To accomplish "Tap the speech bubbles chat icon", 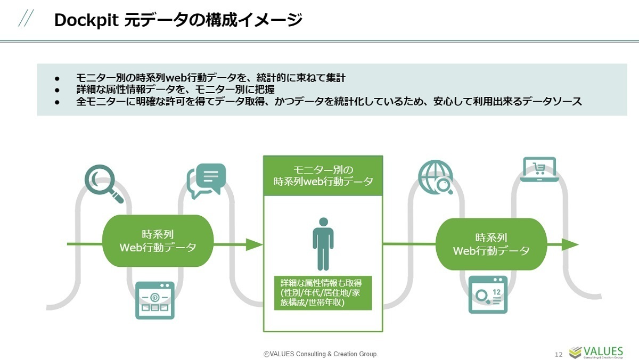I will click(206, 180).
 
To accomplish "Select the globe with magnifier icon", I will click(436, 177).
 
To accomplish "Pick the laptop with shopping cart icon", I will click(539, 169).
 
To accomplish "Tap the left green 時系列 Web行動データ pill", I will click(158, 241).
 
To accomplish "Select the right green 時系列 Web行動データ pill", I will click(491, 244).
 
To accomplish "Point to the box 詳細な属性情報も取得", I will click(323, 292).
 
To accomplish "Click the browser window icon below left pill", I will click(154, 299).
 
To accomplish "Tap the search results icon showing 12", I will click(488, 294).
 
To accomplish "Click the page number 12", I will click(559, 354).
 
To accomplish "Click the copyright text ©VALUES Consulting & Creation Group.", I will click(321, 354).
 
